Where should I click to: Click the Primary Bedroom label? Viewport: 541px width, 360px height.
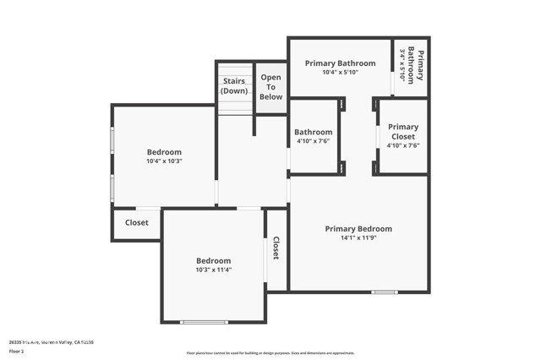(358, 228)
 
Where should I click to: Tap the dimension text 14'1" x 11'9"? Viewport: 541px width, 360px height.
(358, 237)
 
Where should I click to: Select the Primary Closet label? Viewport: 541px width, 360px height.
(403, 132)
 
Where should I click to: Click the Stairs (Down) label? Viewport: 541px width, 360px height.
(234, 85)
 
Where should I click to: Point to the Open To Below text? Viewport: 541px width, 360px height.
(270, 86)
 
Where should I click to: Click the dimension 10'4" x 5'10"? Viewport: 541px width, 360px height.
(341, 73)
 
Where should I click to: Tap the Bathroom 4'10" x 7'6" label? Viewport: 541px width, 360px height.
(313, 136)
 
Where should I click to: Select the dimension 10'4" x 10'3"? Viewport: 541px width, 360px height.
(164, 161)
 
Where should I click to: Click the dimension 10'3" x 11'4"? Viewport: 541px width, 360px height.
(213, 270)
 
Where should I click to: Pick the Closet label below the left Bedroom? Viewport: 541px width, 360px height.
(136, 223)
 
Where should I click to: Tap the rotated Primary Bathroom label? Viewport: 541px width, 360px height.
(412, 64)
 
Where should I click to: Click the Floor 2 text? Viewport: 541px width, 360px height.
(16, 351)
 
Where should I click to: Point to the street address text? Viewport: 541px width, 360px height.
(51, 341)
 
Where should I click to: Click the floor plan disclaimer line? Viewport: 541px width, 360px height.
(270, 353)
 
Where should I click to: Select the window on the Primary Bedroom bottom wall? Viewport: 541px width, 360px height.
(385, 292)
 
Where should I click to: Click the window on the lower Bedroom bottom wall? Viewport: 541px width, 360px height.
(204, 322)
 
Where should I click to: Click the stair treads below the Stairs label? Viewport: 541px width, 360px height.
(235, 104)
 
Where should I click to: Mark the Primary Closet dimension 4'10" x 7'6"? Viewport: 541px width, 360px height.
(403, 145)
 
